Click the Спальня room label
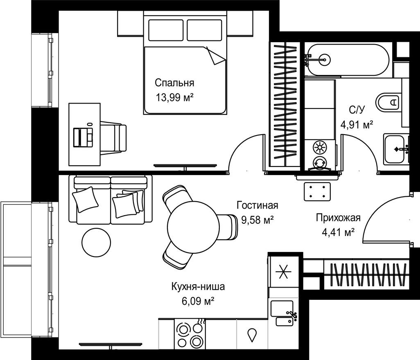tap(174, 83)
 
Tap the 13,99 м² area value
tap(174, 98)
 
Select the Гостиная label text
tap(257, 205)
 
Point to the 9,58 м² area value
tap(257, 220)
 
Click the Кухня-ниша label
tap(198, 287)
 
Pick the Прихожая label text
tap(338, 218)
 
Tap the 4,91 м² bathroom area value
tap(357, 125)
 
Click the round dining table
tap(194, 227)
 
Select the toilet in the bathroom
tap(388, 102)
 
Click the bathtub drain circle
tap(325, 60)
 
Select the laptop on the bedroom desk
tap(83, 137)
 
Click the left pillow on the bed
tap(166, 30)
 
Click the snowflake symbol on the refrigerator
tap(284, 272)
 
